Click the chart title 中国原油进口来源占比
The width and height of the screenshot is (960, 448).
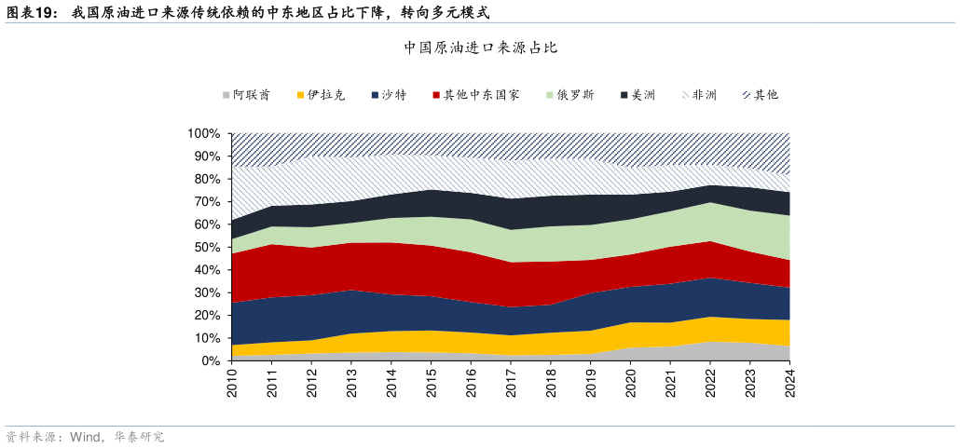click(x=480, y=48)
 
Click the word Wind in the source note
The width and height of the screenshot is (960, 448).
click(x=86, y=437)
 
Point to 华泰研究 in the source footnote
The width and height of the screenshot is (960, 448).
click(x=139, y=437)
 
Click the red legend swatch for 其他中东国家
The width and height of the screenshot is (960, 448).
click(x=436, y=95)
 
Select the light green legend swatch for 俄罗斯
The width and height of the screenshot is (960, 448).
click(x=550, y=95)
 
